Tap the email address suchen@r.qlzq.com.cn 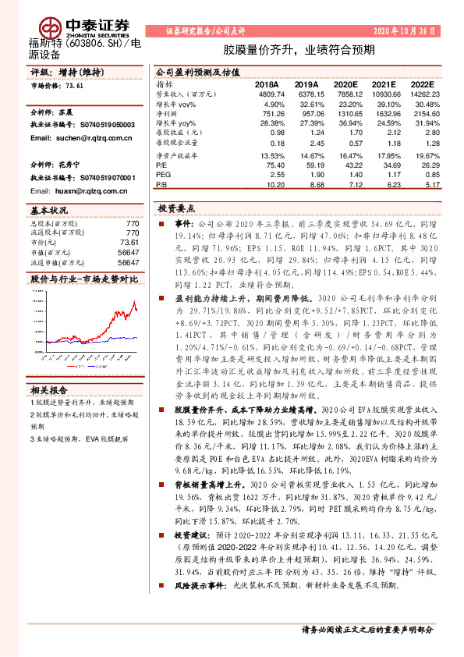[x=70, y=137]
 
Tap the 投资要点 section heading [x=176, y=209]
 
